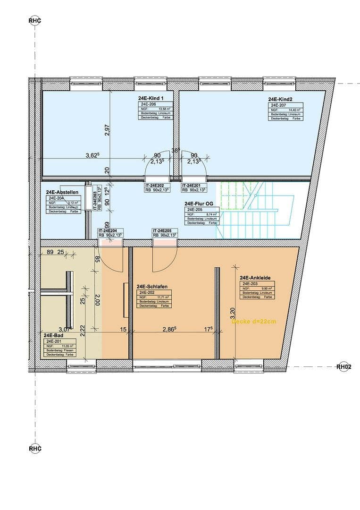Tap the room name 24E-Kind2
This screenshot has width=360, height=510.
(281, 100)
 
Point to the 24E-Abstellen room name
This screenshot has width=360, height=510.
(62, 193)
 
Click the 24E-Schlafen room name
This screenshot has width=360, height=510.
(151, 287)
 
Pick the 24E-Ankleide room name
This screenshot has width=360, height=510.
(255, 278)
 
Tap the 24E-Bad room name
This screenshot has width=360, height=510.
(51, 335)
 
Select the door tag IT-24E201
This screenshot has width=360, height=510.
(194, 186)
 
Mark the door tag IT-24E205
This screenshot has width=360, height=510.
(165, 230)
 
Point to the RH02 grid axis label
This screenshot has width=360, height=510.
(344, 366)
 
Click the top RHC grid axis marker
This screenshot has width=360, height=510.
(35, 20)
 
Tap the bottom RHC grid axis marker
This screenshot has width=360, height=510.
(35, 448)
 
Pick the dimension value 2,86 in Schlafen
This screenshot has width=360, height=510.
(169, 329)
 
